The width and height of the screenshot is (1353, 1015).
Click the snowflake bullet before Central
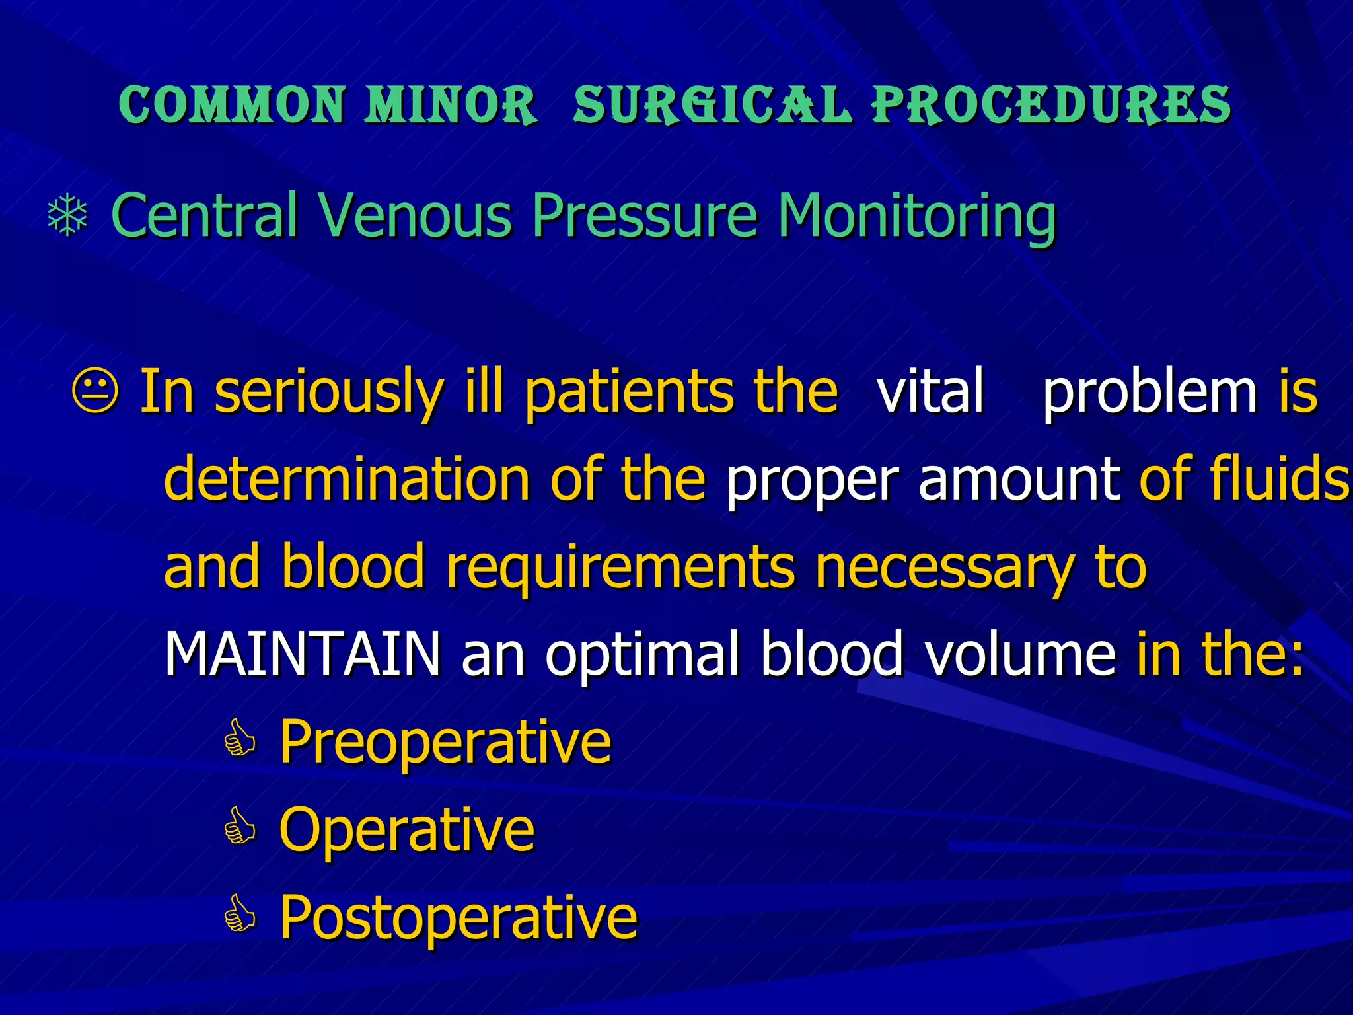click(68, 216)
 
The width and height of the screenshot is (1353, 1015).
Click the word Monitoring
click(917, 216)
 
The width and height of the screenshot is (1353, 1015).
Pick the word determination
click(347, 478)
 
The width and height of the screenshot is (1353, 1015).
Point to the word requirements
click(620, 567)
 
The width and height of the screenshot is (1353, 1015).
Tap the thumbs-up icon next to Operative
click(239, 827)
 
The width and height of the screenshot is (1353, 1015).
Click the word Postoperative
click(458, 917)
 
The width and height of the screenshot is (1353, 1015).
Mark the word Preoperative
click(446, 741)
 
